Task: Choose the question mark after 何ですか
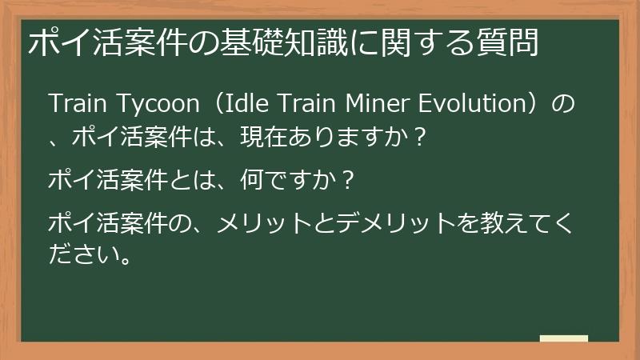pos(347,180)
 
